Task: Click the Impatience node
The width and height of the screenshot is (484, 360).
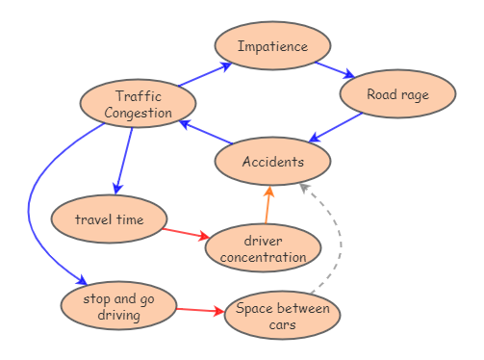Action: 272,46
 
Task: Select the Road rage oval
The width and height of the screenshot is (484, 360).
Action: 397,94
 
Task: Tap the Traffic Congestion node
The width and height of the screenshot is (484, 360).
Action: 138,104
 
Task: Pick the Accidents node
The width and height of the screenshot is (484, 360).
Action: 272,162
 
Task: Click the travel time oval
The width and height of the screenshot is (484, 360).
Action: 109,219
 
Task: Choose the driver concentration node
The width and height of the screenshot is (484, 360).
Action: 263,248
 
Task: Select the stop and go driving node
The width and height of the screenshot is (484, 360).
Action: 118,306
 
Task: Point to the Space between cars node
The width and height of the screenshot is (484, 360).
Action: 282,316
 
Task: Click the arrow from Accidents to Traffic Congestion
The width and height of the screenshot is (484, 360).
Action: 207,135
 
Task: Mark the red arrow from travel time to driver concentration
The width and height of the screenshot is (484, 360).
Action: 186,232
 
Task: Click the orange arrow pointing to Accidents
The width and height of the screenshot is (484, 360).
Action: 267,205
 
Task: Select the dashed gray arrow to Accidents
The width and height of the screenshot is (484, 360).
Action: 338,241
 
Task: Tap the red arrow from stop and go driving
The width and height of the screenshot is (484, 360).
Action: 200,310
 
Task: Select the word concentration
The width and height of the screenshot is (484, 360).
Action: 263,257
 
